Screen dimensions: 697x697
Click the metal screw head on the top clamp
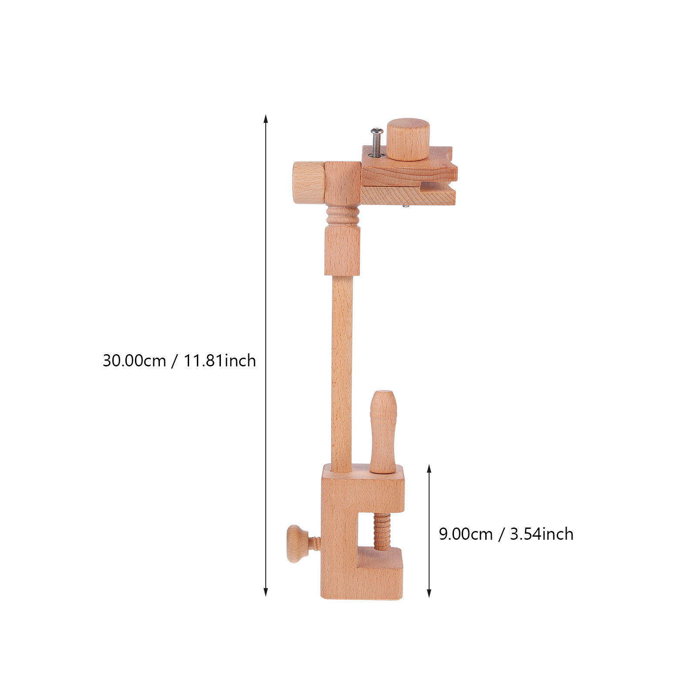tap(377, 131)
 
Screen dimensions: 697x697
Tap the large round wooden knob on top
tap(408, 139)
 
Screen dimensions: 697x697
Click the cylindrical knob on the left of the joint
tap(308, 182)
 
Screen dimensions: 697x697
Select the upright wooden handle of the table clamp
tap(383, 431)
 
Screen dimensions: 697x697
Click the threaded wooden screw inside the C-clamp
tap(382, 531)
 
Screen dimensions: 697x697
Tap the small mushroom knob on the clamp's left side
tap(301, 544)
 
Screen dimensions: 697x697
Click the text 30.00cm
tap(134, 361)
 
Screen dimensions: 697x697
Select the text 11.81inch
tap(220, 361)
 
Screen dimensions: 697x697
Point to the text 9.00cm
tap(466, 534)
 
